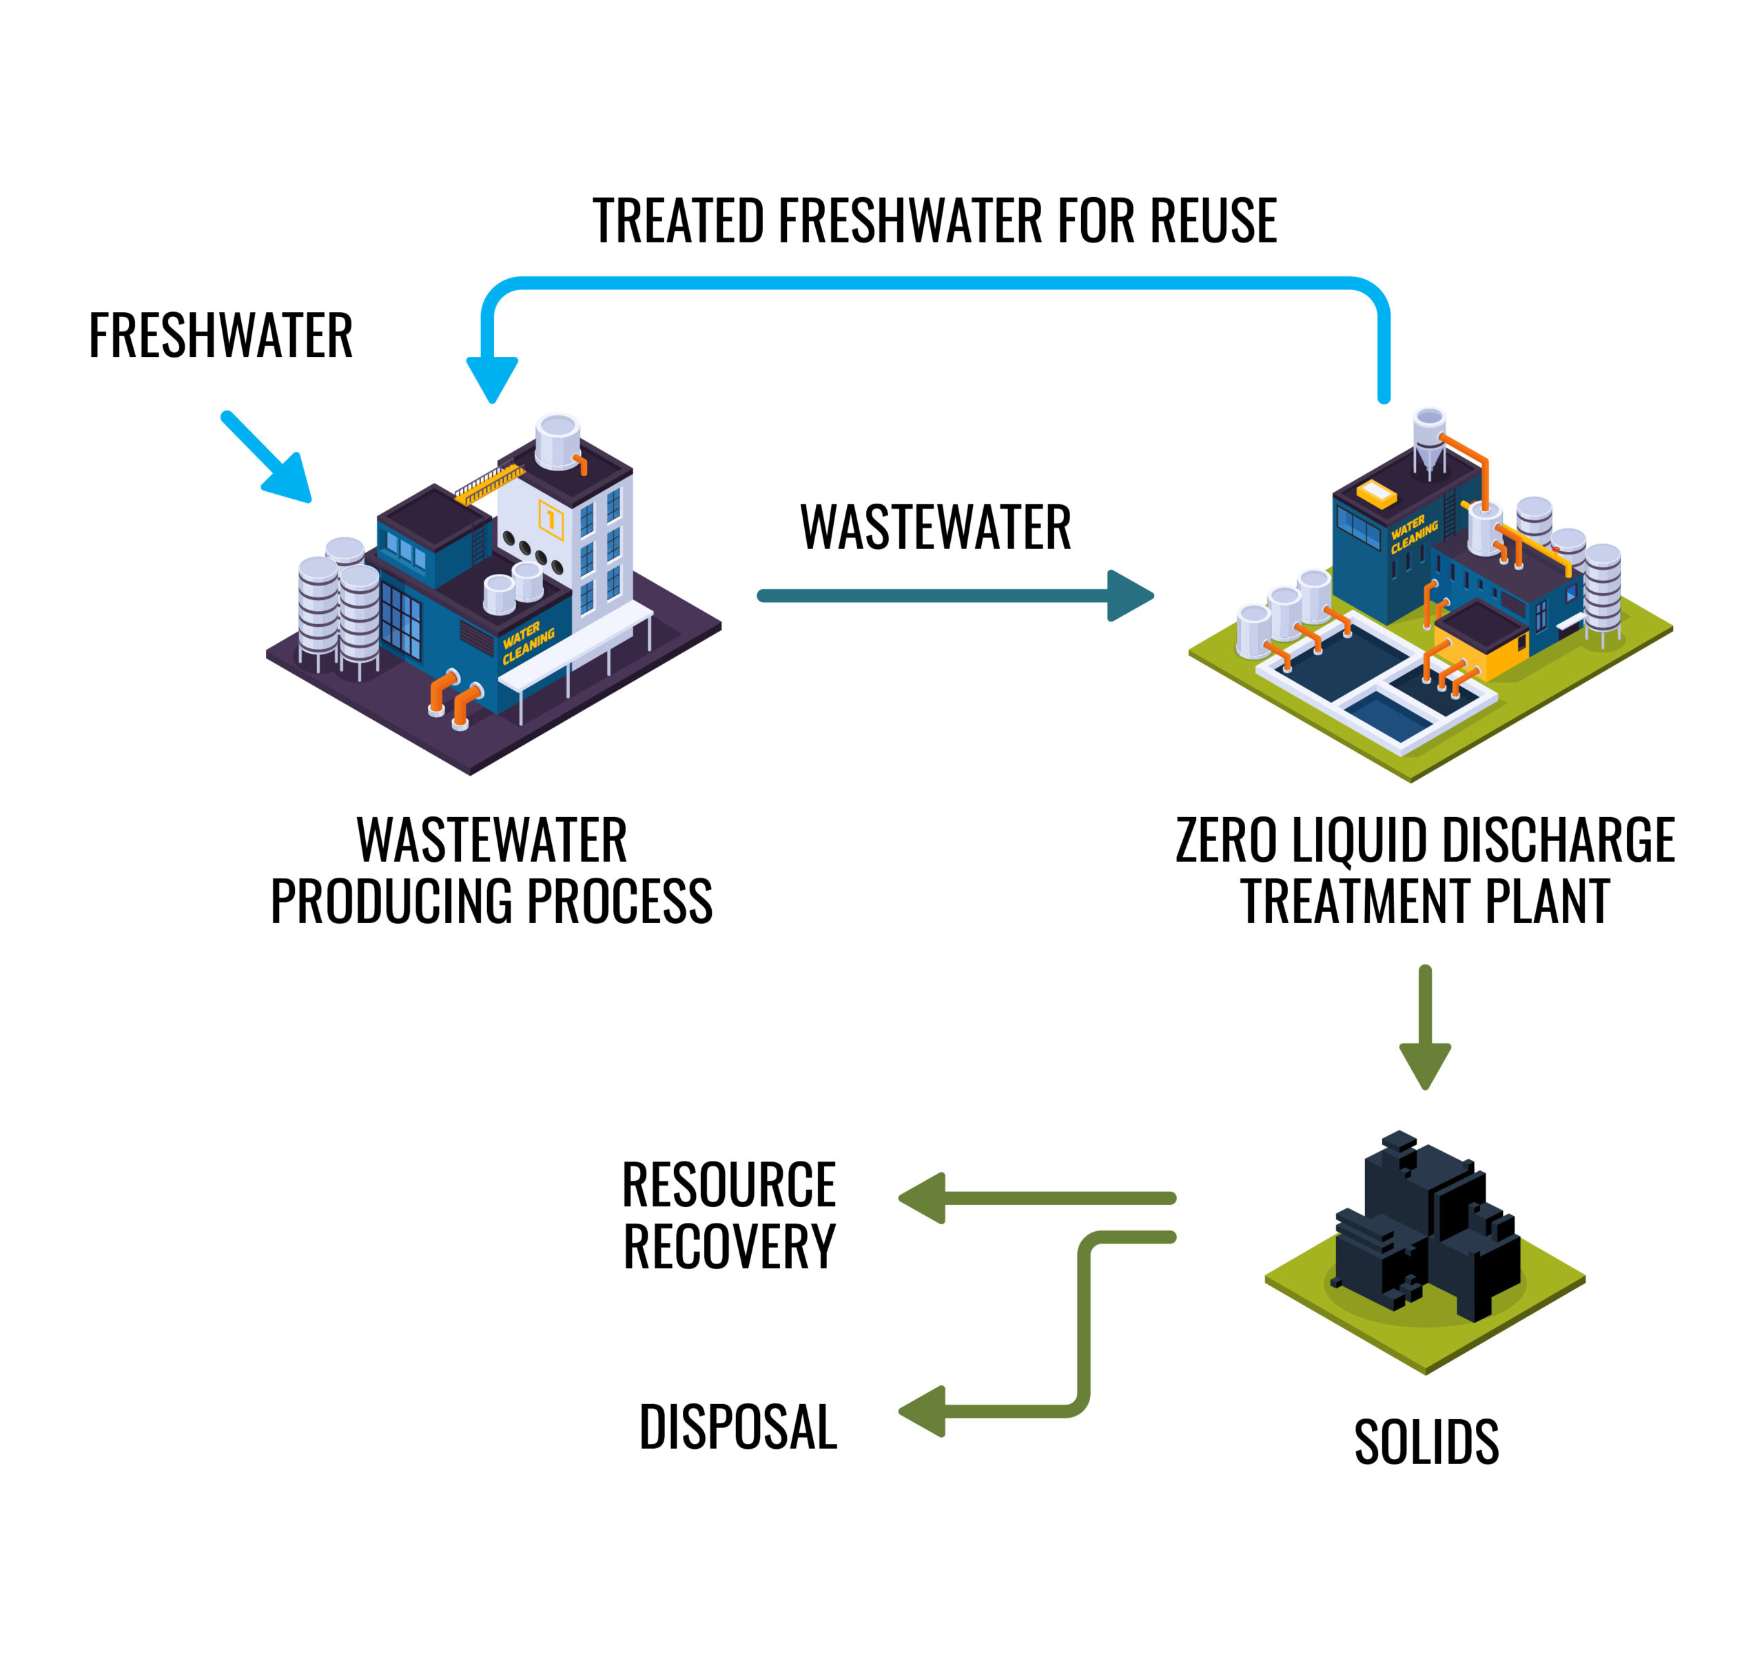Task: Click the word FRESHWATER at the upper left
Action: tap(220, 336)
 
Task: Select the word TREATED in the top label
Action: tap(678, 221)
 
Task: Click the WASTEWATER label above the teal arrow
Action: tap(935, 528)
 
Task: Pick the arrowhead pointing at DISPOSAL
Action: tap(923, 1411)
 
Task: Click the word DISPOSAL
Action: tap(738, 1426)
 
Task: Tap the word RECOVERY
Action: tap(729, 1246)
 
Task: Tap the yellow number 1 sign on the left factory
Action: tap(551, 519)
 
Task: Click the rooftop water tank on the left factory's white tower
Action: tap(558, 440)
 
